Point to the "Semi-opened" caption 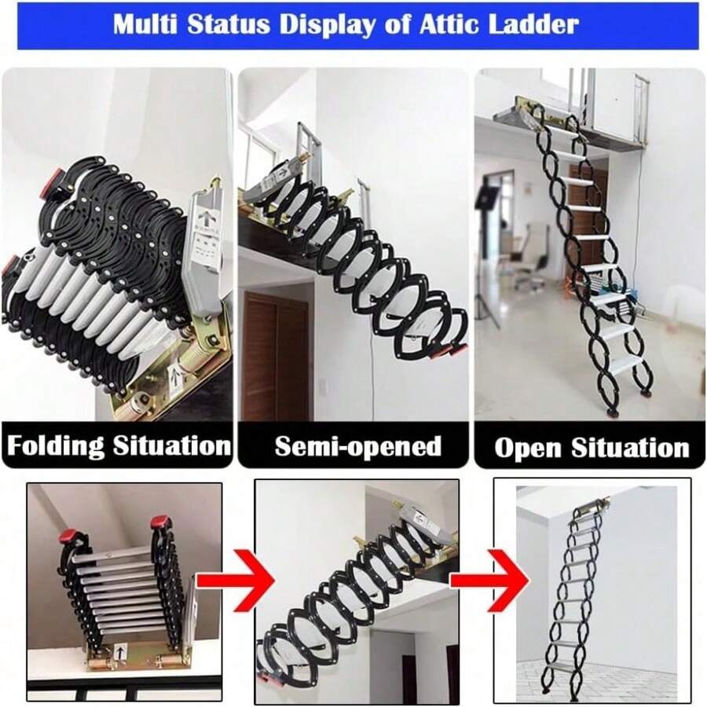[357, 446]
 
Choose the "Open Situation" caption [591, 448]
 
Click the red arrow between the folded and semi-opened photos [236, 581]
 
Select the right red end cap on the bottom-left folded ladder [160, 522]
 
